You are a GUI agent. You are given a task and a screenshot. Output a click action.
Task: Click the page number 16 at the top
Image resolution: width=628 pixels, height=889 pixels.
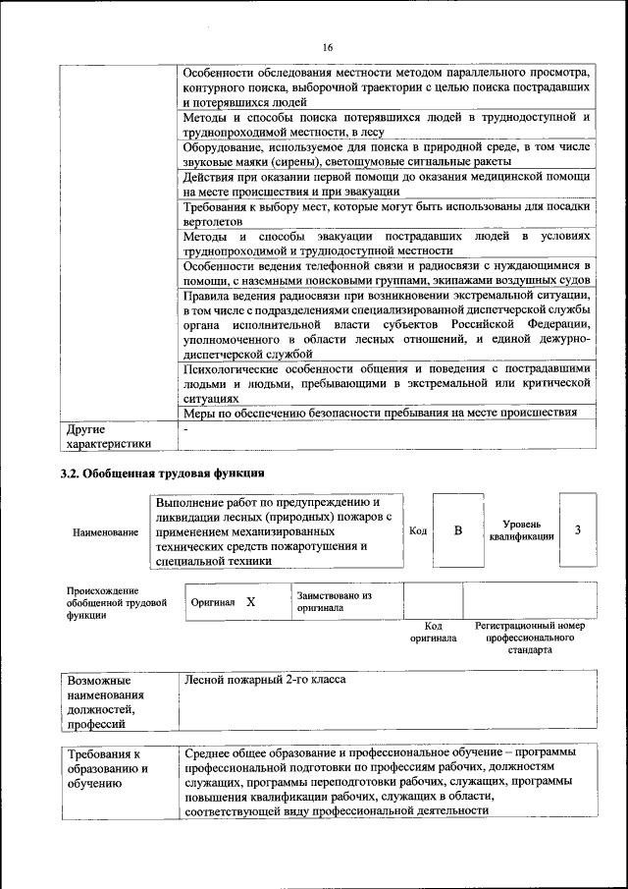(328, 48)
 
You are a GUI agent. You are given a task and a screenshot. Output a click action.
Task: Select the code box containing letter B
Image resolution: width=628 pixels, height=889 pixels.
(457, 531)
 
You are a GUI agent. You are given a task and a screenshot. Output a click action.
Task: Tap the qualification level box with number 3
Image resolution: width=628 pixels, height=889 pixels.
(578, 530)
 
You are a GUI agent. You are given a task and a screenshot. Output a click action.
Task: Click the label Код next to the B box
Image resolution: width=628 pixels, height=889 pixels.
(418, 531)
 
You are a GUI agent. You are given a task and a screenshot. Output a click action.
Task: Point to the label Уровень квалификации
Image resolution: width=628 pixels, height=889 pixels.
(521, 530)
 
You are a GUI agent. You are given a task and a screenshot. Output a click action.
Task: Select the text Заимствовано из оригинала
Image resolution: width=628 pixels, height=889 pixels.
(335, 601)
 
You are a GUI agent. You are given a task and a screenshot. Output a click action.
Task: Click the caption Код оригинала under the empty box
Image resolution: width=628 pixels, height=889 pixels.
(433, 632)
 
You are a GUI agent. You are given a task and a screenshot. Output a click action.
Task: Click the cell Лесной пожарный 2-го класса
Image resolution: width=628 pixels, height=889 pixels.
(265, 680)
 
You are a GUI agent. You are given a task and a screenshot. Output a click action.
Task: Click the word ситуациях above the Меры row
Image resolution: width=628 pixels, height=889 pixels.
(211, 400)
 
